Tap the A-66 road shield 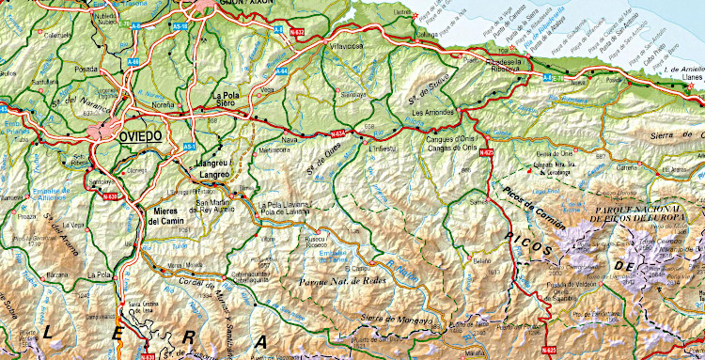(x=133, y=62)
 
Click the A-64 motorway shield (x=283, y=70)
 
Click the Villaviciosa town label (x=340, y=44)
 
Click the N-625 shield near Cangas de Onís (x=486, y=152)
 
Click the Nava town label (x=289, y=139)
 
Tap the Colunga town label (x=404, y=37)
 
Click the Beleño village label (x=482, y=260)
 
